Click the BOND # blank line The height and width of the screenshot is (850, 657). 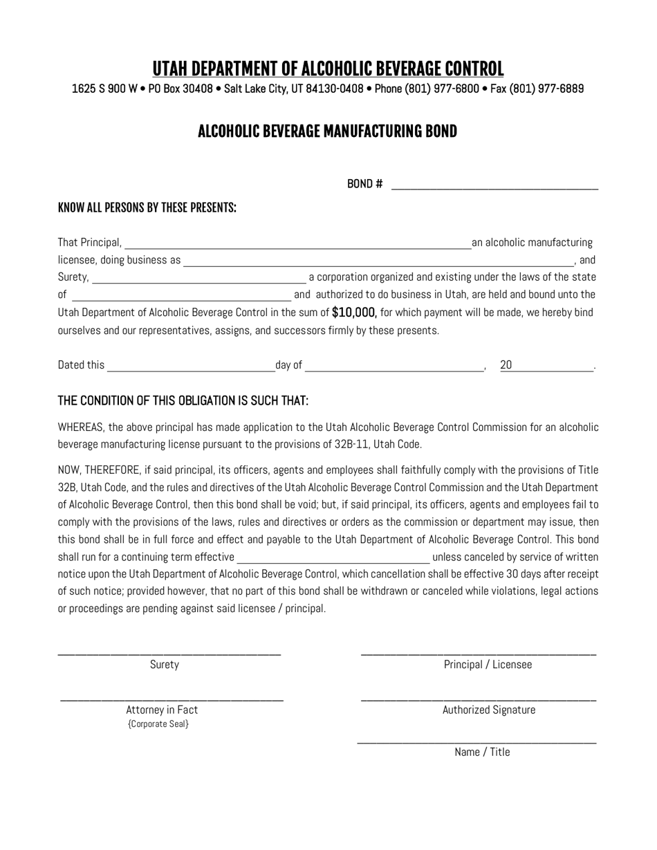[494, 185]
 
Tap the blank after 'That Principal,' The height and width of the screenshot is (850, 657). [297, 243]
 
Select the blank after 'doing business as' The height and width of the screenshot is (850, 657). [378, 261]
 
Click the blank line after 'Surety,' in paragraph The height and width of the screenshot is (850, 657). [198, 279]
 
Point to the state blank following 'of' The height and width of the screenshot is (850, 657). [181, 296]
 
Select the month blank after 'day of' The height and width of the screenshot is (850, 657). [394, 367]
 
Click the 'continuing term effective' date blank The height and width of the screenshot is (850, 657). [333, 558]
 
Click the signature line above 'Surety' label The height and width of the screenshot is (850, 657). [169, 654]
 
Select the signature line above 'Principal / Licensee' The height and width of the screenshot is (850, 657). [478, 654]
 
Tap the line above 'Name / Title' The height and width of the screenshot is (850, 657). [476, 743]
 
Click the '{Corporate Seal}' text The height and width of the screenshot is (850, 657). [158, 724]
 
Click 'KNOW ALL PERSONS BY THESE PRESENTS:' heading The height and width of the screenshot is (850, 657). [147, 208]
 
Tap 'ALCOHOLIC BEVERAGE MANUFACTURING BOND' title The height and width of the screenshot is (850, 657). [327, 131]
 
